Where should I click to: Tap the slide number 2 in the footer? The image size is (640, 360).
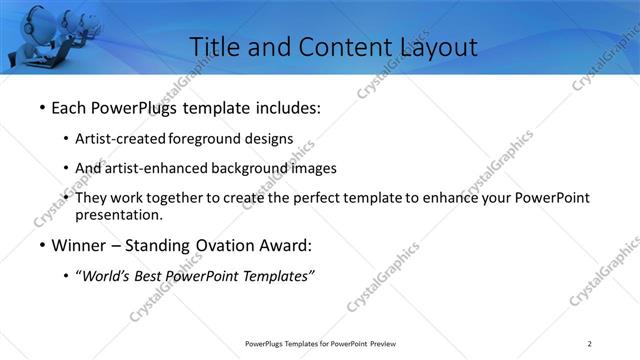coord(590,344)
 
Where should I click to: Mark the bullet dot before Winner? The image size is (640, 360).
coord(41,245)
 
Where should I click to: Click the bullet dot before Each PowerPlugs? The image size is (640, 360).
coord(41,107)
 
